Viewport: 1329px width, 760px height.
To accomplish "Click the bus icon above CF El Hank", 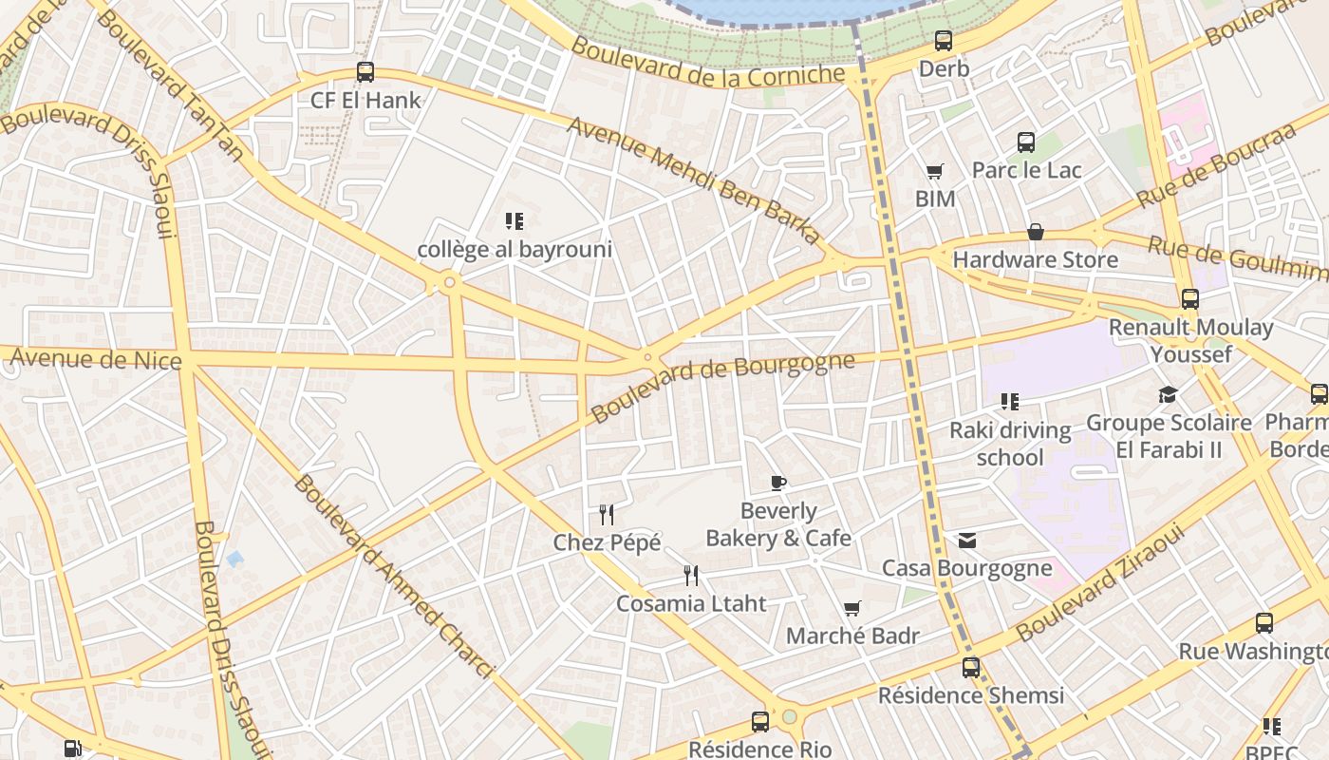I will (x=365, y=71).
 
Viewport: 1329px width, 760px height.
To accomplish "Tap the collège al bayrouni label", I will (x=515, y=250).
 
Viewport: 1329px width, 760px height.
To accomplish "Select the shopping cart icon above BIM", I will (x=935, y=172).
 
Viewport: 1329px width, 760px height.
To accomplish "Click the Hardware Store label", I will (x=1035, y=259).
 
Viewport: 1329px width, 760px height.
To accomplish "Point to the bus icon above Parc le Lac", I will (x=1026, y=142).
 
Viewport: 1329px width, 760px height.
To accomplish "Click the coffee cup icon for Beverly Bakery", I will (x=778, y=483).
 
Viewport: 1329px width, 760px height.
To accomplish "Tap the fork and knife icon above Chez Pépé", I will (x=607, y=515).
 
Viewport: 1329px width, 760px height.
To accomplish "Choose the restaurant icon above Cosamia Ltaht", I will (x=691, y=575).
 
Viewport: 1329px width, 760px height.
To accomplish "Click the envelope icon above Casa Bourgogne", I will (x=966, y=541).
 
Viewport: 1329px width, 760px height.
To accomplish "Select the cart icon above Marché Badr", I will (x=852, y=608).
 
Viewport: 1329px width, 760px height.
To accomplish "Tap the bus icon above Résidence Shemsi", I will (x=970, y=667).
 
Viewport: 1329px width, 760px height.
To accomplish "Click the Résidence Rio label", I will (x=759, y=750).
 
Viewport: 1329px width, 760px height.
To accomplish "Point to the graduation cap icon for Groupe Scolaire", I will (x=1168, y=394).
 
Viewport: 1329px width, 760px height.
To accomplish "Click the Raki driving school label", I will (x=1010, y=444).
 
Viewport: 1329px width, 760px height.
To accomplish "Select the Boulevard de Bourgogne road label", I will (x=722, y=387).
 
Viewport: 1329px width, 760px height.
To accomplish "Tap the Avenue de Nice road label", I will (x=95, y=359).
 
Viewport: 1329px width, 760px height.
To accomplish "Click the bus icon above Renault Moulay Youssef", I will (x=1190, y=299).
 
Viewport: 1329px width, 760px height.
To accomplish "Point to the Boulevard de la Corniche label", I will (x=707, y=62).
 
